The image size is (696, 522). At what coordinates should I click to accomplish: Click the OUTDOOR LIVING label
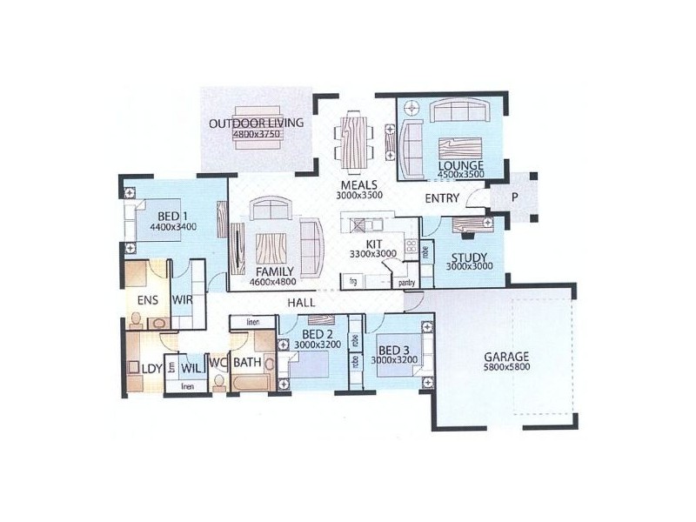point(256,123)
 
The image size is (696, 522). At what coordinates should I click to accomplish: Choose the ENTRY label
point(442,199)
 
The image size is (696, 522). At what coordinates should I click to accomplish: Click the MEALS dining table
point(353,139)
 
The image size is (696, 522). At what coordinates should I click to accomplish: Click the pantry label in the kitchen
point(405,282)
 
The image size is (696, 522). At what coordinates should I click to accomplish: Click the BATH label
point(247,360)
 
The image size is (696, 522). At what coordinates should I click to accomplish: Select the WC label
point(217,360)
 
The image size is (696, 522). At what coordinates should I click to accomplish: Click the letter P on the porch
point(514,197)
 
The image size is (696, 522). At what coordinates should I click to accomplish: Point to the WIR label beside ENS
point(182,300)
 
